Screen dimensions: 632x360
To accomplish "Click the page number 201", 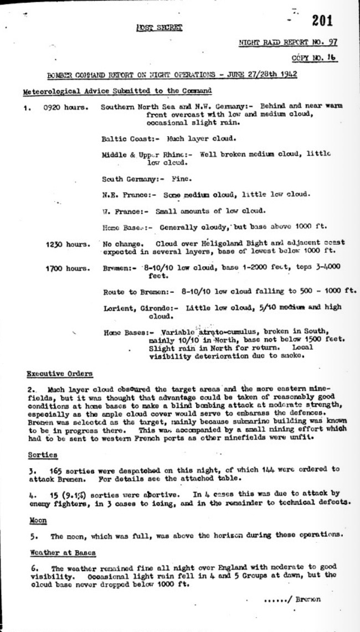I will pos(322,21).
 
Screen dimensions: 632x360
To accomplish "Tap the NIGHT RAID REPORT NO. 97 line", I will pos(288,43).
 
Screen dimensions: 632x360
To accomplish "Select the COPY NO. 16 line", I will pos(314,58).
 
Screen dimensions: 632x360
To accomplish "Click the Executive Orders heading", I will pos(60,374).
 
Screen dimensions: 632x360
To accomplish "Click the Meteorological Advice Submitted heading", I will pos(116,91).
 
